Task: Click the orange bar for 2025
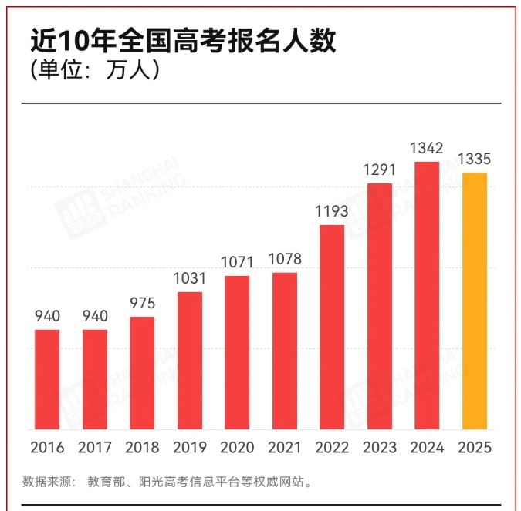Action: [x=475, y=301]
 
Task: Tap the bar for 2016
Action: [x=47, y=379]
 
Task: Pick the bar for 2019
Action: [x=190, y=361]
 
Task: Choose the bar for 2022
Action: [x=332, y=327]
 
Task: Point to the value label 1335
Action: [x=475, y=160]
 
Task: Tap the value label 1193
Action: [x=332, y=211]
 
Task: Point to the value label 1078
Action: [x=285, y=259]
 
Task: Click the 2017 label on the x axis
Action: [x=95, y=448]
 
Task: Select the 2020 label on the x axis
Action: [x=237, y=448]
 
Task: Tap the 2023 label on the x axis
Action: [x=379, y=448]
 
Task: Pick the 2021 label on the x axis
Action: [x=285, y=448]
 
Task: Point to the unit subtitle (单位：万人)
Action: [x=95, y=71]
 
